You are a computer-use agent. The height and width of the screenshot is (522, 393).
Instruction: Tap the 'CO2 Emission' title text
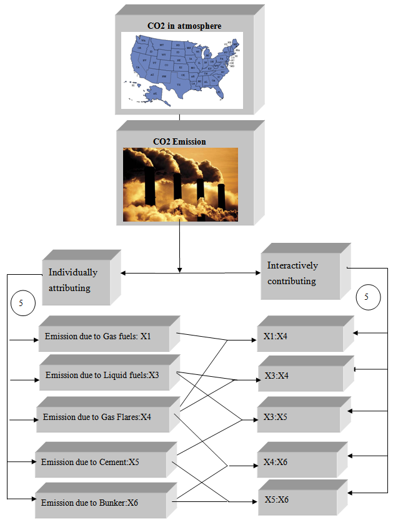(x=179, y=142)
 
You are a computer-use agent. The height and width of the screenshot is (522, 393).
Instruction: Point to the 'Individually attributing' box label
(x=73, y=280)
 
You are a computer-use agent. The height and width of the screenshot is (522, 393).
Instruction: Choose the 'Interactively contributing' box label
(x=292, y=273)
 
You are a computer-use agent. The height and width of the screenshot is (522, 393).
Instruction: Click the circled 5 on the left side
(x=22, y=303)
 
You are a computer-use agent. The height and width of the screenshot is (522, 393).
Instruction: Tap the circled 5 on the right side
(x=367, y=297)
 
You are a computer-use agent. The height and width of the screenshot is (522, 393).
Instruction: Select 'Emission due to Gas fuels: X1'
(x=98, y=337)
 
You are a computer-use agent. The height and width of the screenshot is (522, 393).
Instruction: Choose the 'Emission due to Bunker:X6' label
(x=89, y=502)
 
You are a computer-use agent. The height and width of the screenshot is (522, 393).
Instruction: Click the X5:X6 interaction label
(x=276, y=499)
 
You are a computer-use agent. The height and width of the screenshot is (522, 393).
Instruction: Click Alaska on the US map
(x=152, y=93)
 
